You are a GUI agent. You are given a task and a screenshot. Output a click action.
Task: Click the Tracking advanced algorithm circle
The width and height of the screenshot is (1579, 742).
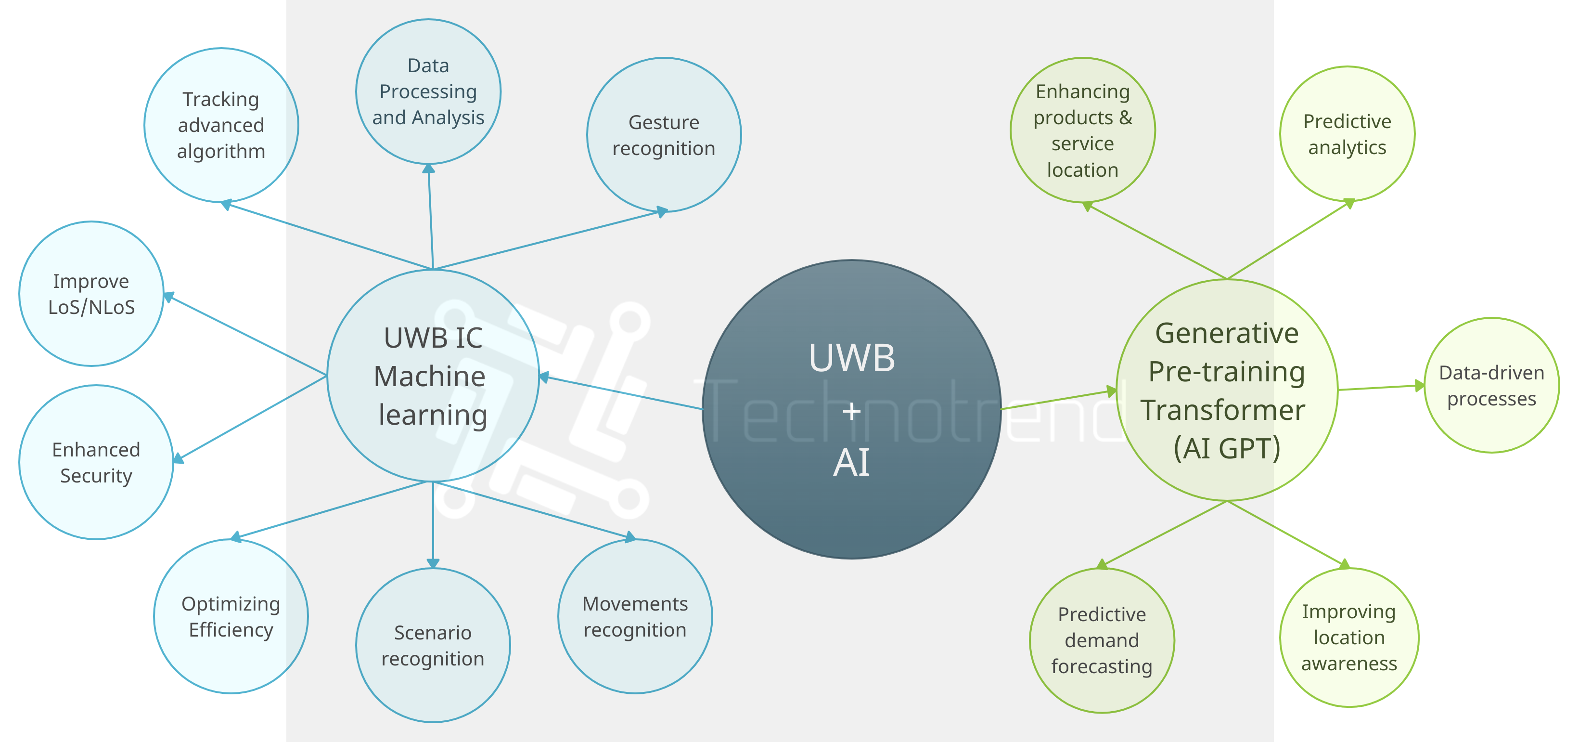click(x=221, y=125)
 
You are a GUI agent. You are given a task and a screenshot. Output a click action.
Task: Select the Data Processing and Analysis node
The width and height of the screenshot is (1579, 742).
click(x=428, y=92)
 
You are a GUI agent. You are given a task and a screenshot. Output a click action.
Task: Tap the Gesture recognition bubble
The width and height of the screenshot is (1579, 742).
click(x=663, y=135)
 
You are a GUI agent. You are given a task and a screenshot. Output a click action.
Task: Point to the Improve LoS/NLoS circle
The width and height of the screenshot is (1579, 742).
click(x=91, y=294)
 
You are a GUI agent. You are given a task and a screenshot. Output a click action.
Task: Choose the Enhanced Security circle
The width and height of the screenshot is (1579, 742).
click(x=96, y=462)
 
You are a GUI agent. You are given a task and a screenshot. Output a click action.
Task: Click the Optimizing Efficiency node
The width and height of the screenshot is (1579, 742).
click(x=231, y=616)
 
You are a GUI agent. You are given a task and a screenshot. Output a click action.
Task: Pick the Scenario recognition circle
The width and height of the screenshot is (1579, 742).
click(x=433, y=645)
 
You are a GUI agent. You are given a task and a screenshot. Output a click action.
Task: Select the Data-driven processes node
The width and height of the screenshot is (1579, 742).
click(x=1491, y=385)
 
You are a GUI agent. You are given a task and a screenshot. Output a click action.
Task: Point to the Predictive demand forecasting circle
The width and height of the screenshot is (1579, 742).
click(x=1102, y=640)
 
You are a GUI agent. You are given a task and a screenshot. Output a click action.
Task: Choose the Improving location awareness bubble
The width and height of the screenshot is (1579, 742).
click(x=1348, y=637)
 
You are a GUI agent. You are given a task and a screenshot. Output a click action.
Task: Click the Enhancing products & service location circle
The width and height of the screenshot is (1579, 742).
click(x=1082, y=130)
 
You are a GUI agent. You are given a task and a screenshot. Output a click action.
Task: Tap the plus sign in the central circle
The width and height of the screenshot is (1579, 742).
click(x=851, y=411)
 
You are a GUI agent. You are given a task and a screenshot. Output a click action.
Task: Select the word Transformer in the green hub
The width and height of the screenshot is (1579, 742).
click(x=1222, y=410)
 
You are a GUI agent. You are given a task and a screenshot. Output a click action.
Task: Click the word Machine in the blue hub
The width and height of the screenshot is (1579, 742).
click(x=430, y=376)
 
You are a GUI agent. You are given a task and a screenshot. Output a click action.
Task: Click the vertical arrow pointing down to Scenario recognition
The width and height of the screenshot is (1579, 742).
click(x=433, y=524)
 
